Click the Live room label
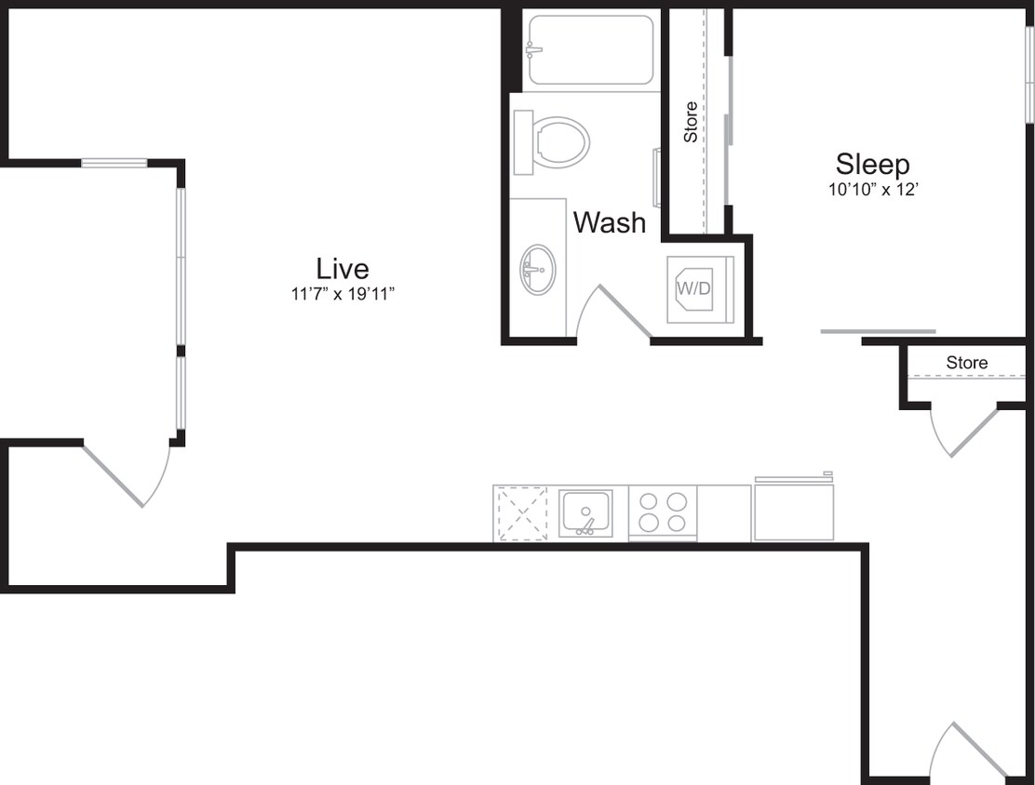(343, 269)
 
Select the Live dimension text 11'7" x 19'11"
(343, 295)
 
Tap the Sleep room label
(872, 165)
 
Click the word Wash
(609, 222)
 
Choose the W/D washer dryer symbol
(694, 288)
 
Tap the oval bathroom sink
(537, 269)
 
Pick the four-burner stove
(663, 512)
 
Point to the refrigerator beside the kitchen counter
(793, 509)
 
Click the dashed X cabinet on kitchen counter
(522, 513)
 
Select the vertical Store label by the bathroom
(691, 122)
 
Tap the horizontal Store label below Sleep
(966, 362)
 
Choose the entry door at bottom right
(973, 750)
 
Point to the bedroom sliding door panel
(878, 331)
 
